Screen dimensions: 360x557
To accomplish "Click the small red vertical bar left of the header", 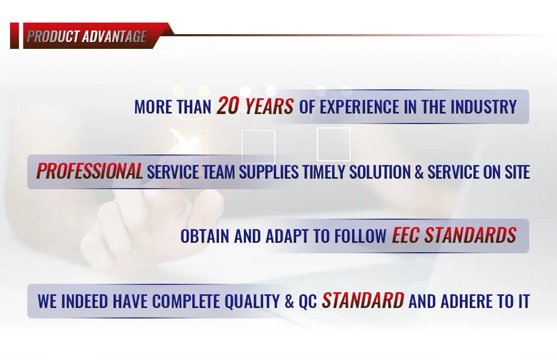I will pyautogui.click(x=14, y=36).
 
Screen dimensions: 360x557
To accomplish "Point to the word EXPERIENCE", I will pyautogui.click(x=359, y=107).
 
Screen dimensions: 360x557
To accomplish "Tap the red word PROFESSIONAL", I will pyautogui.click(x=90, y=172).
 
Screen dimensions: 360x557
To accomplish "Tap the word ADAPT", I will pyautogui.click(x=283, y=236).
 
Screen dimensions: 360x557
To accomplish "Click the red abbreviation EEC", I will pyautogui.click(x=405, y=236).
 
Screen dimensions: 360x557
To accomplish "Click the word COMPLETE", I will pyautogui.click(x=187, y=302).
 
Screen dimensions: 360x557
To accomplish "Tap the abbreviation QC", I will pyautogui.click(x=308, y=302).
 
